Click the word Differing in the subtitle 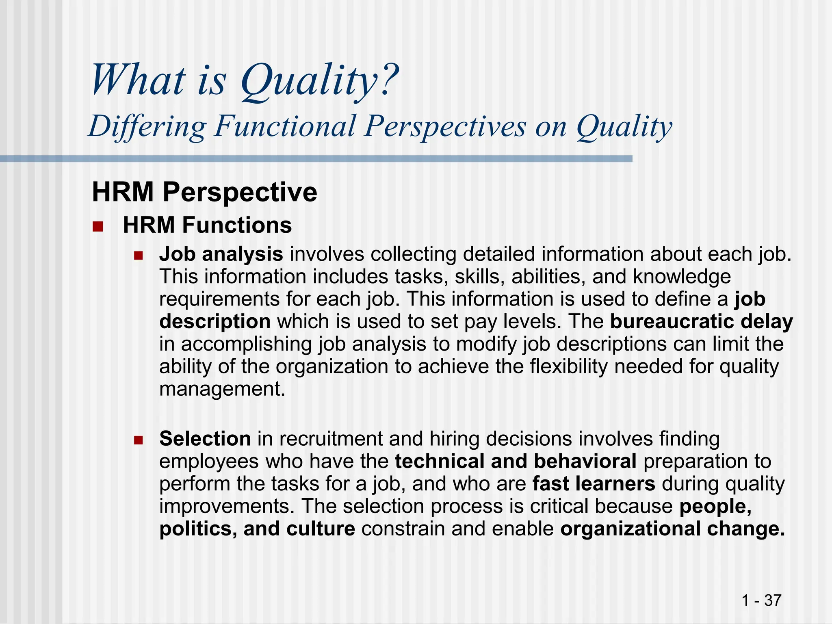pyautogui.click(x=147, y=126)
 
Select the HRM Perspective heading pyautogui.click(x=204, y=192)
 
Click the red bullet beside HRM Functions pyautogui.click(x=98, y=226)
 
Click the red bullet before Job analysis pyautogui.click(x=139, y=256)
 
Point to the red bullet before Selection pyautogui.click(x=139, y=440)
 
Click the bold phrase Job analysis pyautogui.click(x=221, y=254)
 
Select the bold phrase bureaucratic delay pyautogui.click(x=701, y=322)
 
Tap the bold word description pyautogui.click(x=215, y=322)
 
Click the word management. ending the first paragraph pyautogui.click(x=222, y=389)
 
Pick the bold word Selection pyautogui.click(x=205, y=439)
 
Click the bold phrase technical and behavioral pyautogui.click(x=516, y=461)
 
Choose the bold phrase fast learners pyautogui.click(x=594, y=484)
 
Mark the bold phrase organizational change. pyautogui.click(x=672, y=529)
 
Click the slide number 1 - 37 pyautogui.click(x=761, y=600)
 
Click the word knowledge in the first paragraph pyautogui.click(x=682, y=277)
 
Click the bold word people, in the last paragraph pyautogui.click(x=715, y=507)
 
